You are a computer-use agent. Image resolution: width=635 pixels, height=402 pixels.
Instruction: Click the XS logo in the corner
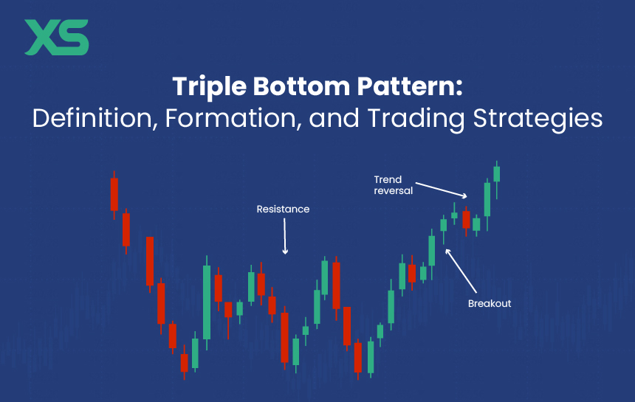click(56, 38)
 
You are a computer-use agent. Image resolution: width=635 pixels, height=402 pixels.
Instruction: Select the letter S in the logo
click(74, 38)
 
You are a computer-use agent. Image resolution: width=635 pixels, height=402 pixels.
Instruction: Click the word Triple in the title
click(208, 88)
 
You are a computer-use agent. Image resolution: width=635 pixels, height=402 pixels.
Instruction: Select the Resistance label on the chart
click(283, 209)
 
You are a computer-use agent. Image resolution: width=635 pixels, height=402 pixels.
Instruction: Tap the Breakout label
click(490, 303)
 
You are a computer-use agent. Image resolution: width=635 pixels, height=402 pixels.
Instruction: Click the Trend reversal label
click(394, 184)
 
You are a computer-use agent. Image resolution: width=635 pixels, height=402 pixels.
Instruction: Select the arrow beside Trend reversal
click(442, 189)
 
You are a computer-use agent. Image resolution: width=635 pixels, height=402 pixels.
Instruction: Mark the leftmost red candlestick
click(114, 194)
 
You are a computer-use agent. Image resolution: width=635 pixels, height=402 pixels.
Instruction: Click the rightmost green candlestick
click(497, 173)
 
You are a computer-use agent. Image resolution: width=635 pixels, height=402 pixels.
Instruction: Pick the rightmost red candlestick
click(466, 219)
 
